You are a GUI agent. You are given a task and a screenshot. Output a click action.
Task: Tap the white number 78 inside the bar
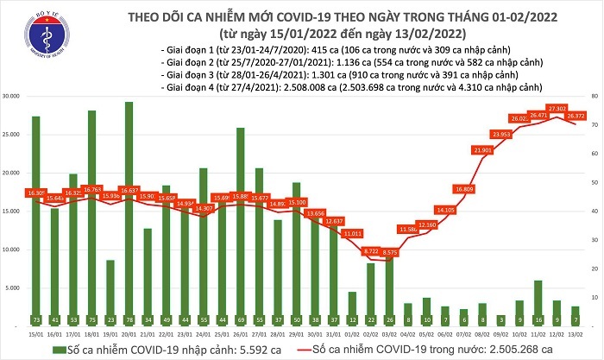click(129, 319)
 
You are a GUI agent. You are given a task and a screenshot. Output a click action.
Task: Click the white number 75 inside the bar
click(91, 319)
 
